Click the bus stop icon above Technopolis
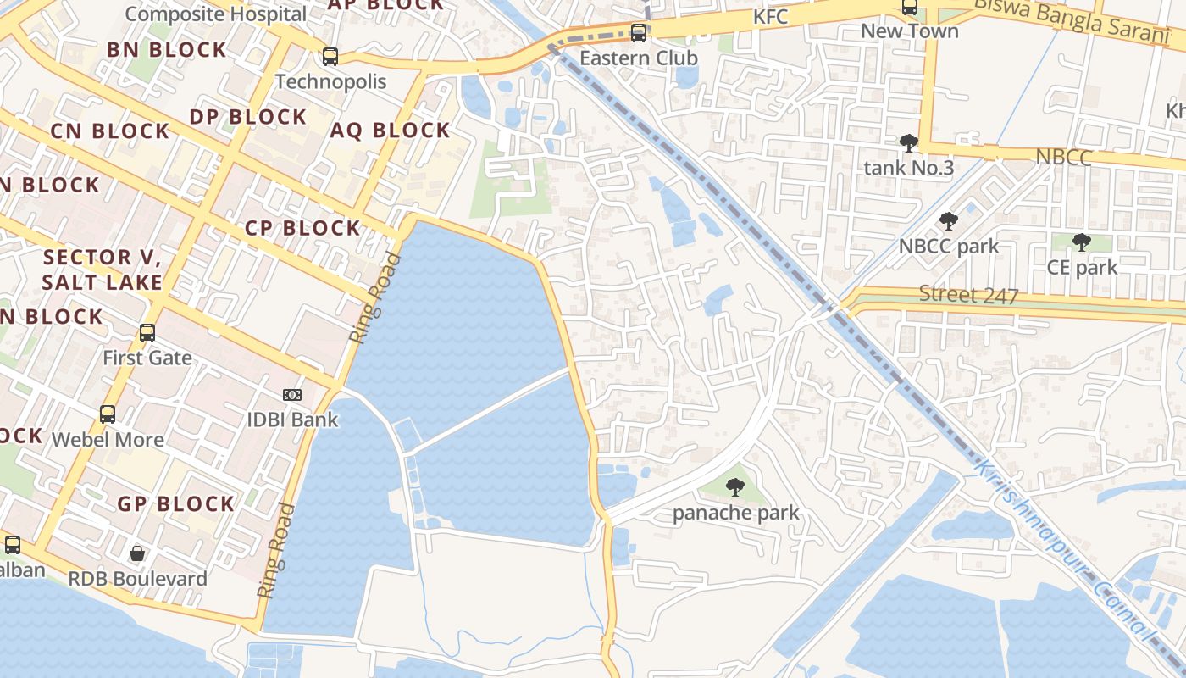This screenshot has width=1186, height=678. pos(330,57)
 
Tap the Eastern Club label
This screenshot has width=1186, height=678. pos(639,58)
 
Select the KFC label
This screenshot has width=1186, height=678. pos(770,17)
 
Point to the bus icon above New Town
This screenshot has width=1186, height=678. pos(910,8)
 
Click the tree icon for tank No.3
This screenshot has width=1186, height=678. pos(909,142)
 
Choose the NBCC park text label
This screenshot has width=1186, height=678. pos(949,247)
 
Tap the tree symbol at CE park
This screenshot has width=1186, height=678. pos(1082,242)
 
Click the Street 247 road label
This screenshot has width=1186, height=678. pos(969,295)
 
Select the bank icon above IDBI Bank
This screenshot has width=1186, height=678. pos(292,395)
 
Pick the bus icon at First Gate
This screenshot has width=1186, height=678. pos(147,332)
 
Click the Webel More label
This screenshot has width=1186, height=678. pos(108,440)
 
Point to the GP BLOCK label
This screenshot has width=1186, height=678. pos(175,504)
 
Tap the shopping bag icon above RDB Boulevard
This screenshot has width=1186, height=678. pos(137,554)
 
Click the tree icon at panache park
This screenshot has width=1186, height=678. pos(735,487)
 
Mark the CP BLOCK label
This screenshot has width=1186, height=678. pos(302,228)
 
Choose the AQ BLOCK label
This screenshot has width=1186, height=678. pos(390,131)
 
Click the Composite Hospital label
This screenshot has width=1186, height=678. pos(215,14)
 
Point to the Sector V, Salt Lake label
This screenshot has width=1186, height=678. pos(102,270)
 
